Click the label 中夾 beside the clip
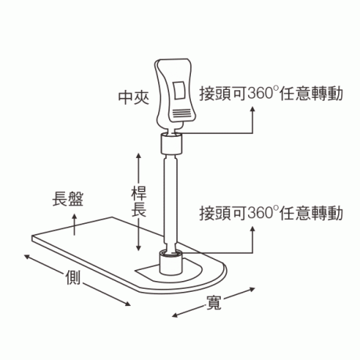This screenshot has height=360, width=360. [134, 98]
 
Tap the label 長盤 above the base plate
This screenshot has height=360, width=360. [68, 200]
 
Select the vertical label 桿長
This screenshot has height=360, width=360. [139, 201]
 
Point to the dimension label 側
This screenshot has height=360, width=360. [73, 277]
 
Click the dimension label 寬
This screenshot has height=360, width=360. [214, 303]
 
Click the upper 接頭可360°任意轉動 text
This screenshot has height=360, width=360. [271, 94]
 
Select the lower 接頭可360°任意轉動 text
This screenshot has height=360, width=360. [271, 213]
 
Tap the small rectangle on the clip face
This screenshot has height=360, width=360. [179, 90]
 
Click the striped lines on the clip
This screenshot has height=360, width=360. [181, 114]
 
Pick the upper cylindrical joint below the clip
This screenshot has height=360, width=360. [171, 143]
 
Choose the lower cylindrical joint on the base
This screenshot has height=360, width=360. [171, 261]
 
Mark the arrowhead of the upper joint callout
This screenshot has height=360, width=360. [252, 109]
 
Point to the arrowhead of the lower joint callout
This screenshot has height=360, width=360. [252, 229]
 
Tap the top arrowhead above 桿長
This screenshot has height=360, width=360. [139, 156]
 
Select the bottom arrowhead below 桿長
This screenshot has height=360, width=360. [139, 248]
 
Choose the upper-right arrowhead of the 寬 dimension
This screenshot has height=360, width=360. [251, 289]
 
